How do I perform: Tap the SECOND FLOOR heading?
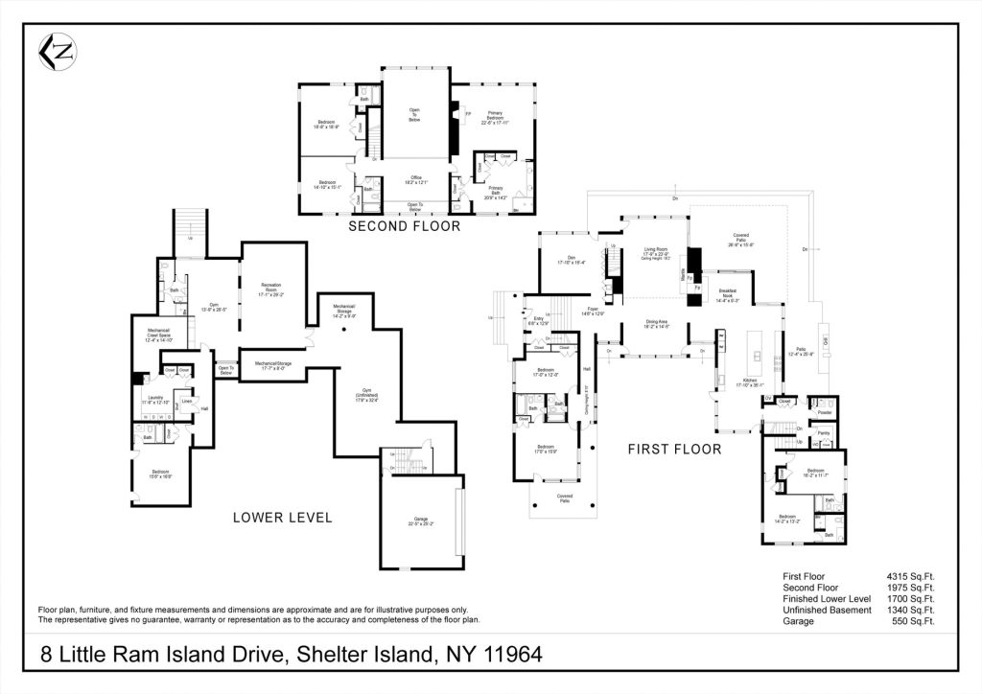[404, 226]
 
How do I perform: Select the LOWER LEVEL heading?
[282, 518]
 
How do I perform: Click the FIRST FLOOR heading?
[674, 448]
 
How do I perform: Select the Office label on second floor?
[415, 179]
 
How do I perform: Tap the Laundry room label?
[154, 399]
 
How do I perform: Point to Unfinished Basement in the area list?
[827, 610]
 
